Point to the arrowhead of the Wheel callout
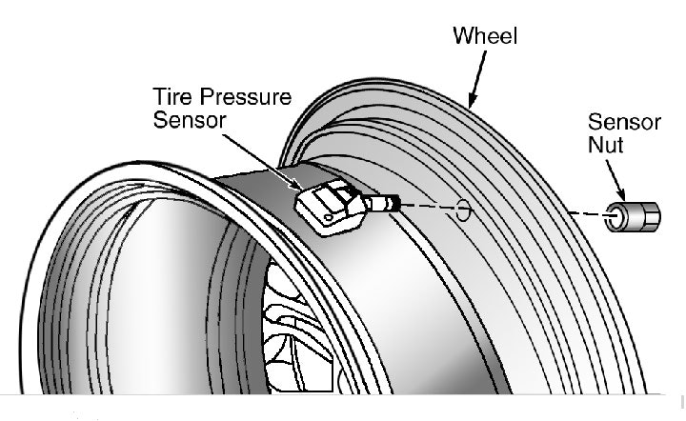[x=470, y=102]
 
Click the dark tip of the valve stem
[x=394, y=202]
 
